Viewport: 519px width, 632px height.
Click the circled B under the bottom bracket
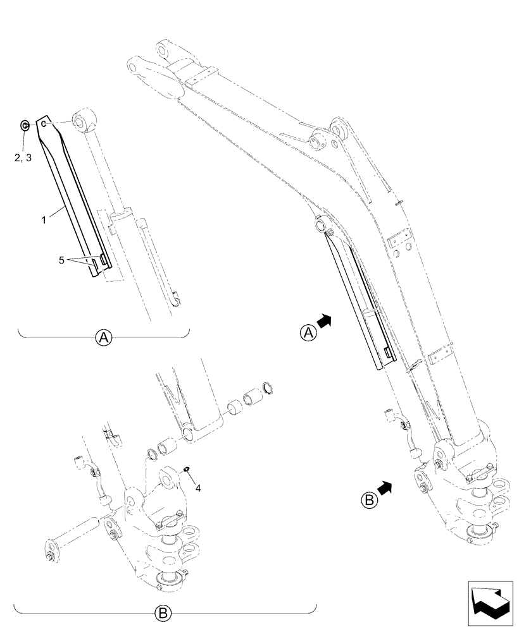[x=163, y=612]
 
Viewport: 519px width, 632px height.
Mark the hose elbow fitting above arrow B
[x=394, y=418]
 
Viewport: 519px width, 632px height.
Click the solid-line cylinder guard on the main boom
[x=358, y=303]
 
